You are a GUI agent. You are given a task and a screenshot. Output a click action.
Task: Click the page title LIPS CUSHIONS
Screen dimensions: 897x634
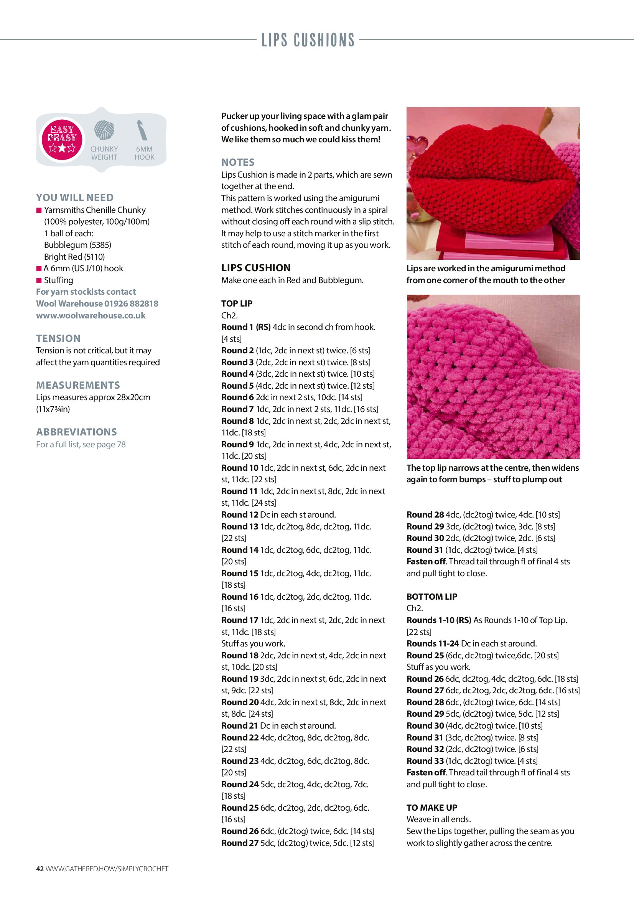pyautogui.click(x=308, y=40)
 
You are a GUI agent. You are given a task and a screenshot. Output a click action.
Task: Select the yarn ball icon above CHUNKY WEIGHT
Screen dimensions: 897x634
pyautogui.click(x=104, y=130)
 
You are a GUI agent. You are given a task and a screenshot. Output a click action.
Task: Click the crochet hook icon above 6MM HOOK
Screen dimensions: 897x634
pyautogui.click(x=142, y=130)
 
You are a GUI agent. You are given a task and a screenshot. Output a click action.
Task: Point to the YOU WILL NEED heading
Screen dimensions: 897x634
pyautogui.click(x=75, y=198)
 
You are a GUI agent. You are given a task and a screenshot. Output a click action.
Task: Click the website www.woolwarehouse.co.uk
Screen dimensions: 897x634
pyautogui.click(x=91, y=315)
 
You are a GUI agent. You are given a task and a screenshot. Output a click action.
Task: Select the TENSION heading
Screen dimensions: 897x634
pyautogui.click(x=58, y=338)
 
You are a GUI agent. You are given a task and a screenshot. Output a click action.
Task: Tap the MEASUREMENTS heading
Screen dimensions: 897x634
pyautogui.click(x=78, y=385)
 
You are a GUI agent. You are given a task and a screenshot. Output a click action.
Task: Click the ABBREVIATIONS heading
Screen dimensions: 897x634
pyautogui.click(x=76, y=432)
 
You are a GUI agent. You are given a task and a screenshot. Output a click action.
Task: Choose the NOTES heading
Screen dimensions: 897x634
pyautogui.click(x=238, y=162)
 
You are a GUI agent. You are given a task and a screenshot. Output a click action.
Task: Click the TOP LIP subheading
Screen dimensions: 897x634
pyautogui.click(x=237, y=303)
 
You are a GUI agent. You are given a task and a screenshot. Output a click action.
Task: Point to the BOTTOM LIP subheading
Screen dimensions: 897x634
pyautogui.click(x=431, y=597)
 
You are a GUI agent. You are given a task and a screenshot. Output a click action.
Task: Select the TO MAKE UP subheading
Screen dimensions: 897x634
pyautogui.click(x=431, y=808)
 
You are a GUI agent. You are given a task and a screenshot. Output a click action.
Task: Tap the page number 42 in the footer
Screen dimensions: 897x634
pyautogui.click(x=40, y=869)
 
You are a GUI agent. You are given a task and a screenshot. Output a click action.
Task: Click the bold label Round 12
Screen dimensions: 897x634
pyautogui.click(x=239, y=514)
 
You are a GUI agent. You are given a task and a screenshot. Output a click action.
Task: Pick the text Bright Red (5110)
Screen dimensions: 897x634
pyautogui.click(x=74, y=257)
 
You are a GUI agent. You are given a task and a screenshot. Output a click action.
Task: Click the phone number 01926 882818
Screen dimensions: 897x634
pyautogui.click(x=131, y=303)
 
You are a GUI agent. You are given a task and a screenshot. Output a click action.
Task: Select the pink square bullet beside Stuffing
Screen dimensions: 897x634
pyautogui.click(x=39, y=280)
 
